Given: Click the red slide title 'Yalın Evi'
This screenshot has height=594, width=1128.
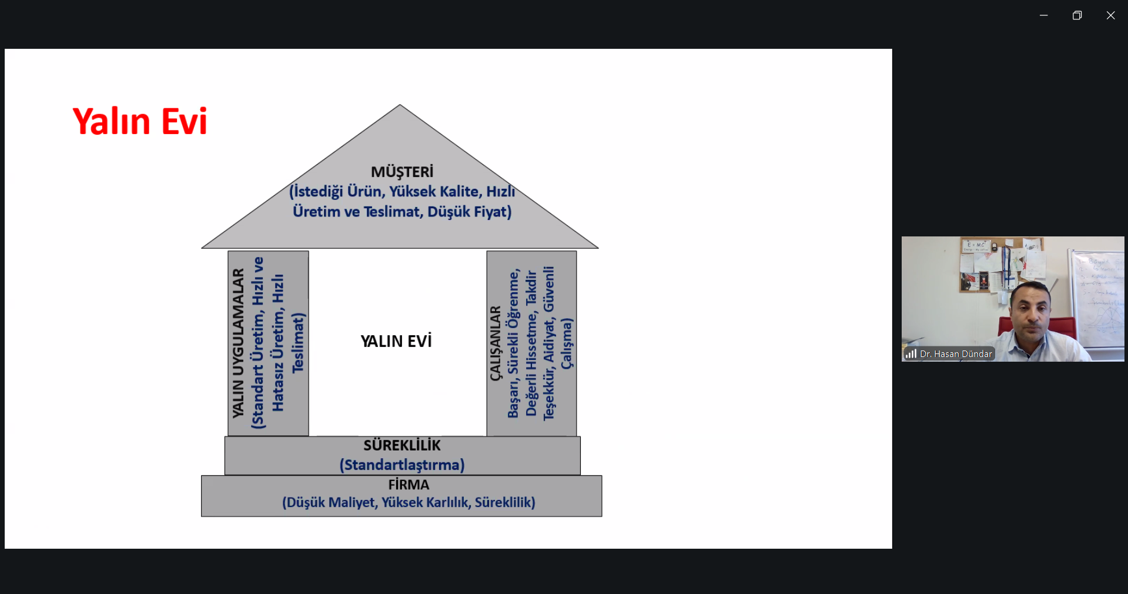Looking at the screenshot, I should point(140,122).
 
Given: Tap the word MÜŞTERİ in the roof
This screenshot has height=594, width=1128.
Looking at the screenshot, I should point(402,172).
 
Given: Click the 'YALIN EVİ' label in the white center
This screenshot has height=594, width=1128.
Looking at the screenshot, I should point(396,341).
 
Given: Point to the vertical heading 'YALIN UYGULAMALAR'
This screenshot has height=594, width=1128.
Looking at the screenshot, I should point(238,343).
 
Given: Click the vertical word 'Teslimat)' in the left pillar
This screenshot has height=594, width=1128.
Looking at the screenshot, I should point(298,342).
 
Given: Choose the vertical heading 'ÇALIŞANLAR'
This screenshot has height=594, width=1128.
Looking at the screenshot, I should point(496,343).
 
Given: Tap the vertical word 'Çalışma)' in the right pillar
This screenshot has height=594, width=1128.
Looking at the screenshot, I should point(566,343).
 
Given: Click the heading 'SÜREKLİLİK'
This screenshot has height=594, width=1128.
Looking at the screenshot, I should point(402,445).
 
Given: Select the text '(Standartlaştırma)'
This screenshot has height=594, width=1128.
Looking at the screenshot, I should point(402,465).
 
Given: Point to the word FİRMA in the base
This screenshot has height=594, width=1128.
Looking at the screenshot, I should point(409,485).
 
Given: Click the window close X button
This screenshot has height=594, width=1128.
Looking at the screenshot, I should point(1110,15).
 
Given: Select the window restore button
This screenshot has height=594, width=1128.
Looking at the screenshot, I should point(1077,15).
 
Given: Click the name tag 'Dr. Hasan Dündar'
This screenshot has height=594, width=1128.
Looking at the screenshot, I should point(955,353).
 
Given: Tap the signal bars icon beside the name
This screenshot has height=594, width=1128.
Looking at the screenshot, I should point(911,353).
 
